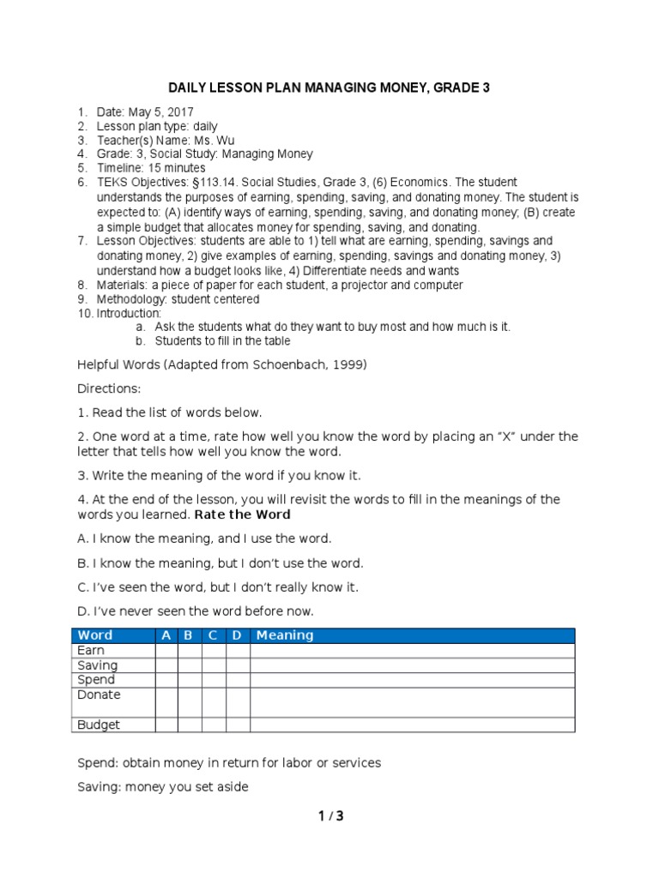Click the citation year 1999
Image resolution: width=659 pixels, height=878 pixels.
pos(348,364)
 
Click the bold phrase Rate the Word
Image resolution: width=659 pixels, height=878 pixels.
pos(243,514)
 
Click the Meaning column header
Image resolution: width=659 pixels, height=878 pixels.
pos(285,635)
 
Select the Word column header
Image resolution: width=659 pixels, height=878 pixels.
pos(94,635)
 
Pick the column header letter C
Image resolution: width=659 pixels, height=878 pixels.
pos(213,635)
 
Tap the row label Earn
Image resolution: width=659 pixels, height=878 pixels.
pos(91,651)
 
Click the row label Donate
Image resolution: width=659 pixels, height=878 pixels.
pos(99,695)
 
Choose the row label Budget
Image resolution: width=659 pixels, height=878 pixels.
pos(99,725)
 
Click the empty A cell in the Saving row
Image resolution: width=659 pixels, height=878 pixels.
pos(166,665)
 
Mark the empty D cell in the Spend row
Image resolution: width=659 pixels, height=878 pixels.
pos(238,680)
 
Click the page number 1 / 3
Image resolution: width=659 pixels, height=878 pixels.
pos(329,815)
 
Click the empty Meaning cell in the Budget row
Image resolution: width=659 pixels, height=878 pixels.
pos(412,725)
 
